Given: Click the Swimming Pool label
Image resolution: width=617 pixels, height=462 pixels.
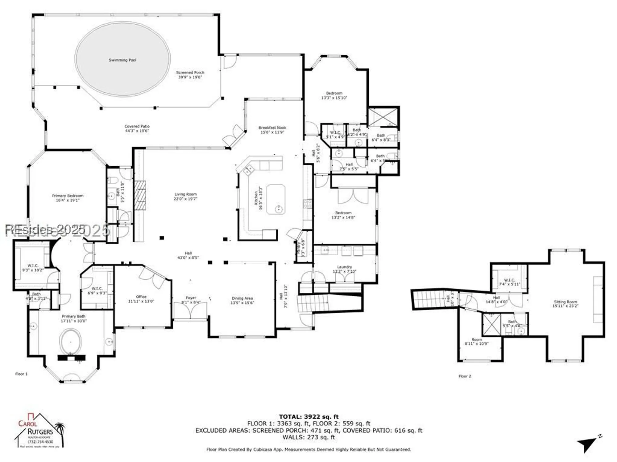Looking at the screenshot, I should click(x=122, y=60).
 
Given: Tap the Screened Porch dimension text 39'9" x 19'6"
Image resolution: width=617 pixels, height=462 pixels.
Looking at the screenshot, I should click(x=190, y=77).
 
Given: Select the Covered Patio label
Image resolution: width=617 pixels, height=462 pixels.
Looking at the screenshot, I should click(x=137, y=126).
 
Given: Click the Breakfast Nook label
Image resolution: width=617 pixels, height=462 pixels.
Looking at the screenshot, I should click(x=272, y=128).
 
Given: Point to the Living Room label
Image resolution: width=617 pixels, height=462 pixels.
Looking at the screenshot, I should click(x=185, y=194).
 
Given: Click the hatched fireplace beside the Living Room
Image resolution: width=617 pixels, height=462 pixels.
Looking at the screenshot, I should click(x=139, y=195).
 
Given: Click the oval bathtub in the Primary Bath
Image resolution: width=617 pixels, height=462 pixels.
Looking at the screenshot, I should click(x=71, y=342).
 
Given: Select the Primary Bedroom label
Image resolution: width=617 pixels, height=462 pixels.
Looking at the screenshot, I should click(x=68, y=196).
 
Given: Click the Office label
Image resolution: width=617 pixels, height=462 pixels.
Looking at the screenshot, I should click(x=141, y=297).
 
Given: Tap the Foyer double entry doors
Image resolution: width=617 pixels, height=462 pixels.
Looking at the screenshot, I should click(x=190, y=311).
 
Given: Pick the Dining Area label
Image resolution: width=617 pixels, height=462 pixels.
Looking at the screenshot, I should click(x=242, y=298).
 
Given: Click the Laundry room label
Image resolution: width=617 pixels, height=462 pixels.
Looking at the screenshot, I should click(x=345, y=267).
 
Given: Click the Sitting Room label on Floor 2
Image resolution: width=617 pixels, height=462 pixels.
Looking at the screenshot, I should click(x=565, y=302).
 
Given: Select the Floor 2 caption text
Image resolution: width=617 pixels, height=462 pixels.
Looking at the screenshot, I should click(x=465, y=376).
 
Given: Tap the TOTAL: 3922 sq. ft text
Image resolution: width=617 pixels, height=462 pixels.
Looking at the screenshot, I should click(x=308, y=417).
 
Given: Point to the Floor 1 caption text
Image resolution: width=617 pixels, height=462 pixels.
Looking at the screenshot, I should click(x=21, y=374).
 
